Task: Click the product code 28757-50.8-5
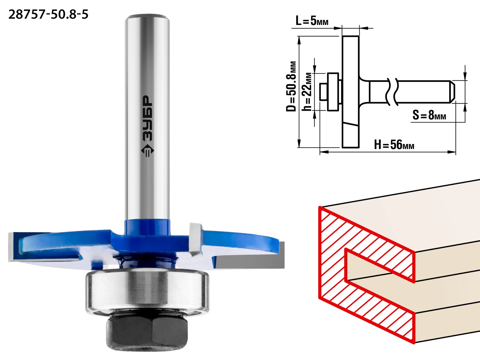48,15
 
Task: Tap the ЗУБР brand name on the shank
147,118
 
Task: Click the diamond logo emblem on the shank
148,151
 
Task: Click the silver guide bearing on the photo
147,292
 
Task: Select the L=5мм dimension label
312,21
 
